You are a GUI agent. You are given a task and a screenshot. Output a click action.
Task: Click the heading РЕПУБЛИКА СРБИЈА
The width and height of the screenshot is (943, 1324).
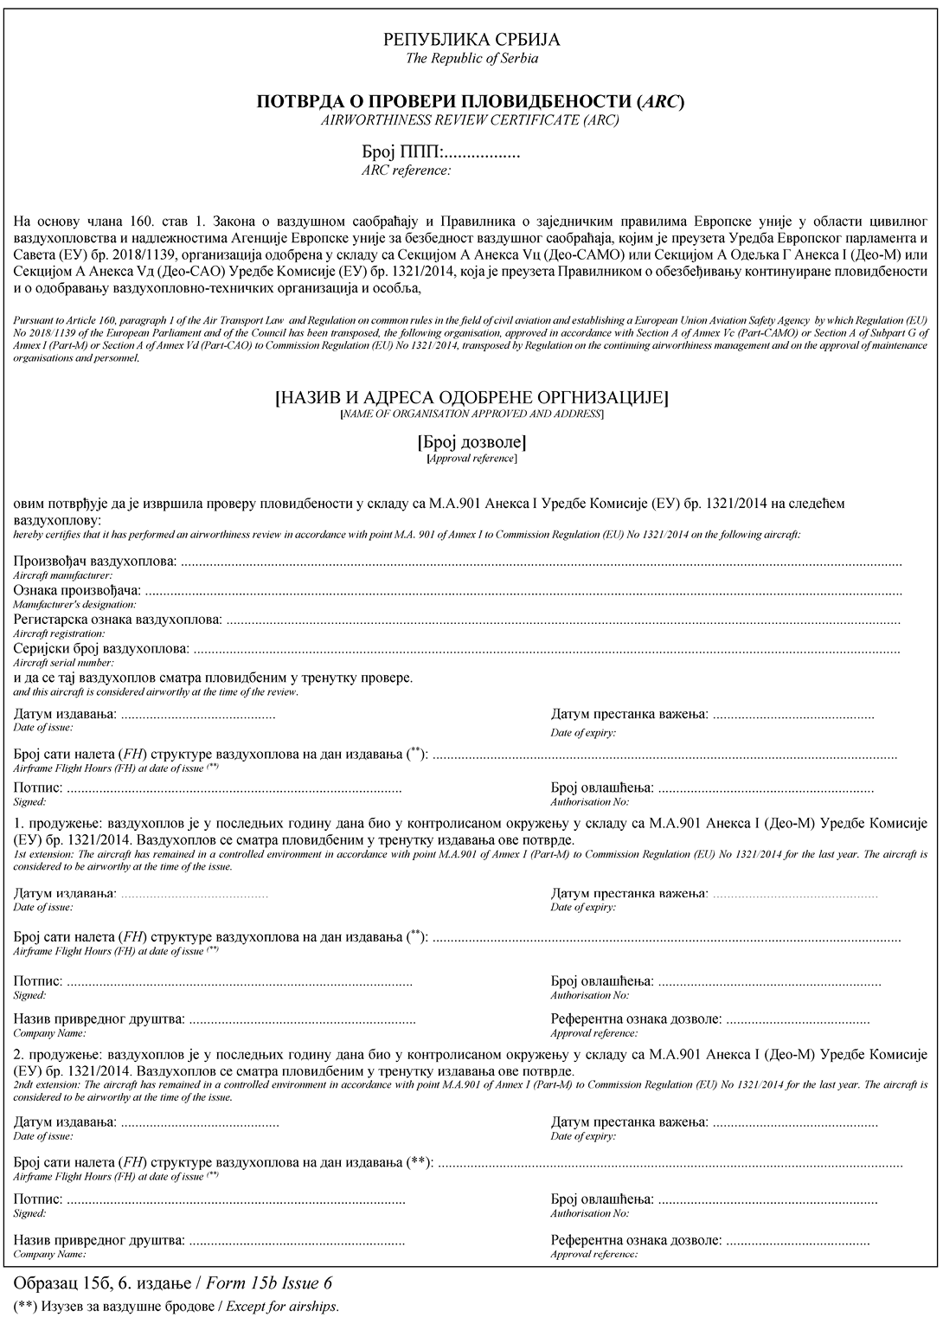tap(471, 40)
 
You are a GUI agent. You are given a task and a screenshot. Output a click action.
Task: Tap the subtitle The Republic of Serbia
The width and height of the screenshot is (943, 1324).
tap(471, 58)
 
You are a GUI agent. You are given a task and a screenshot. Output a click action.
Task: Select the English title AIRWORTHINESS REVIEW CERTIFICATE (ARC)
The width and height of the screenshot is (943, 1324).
tap(470, 120)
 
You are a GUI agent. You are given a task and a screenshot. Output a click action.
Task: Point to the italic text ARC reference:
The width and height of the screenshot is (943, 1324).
tap(406, 170)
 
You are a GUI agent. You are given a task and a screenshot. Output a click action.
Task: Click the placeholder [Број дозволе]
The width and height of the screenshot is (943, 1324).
tap(471, 442)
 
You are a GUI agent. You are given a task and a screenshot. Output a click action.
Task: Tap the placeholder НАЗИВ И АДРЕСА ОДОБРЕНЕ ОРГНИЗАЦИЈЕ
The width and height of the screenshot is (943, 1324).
tap(471, 398)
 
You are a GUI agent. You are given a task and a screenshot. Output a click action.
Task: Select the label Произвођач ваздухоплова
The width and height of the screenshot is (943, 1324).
tap(95, 562)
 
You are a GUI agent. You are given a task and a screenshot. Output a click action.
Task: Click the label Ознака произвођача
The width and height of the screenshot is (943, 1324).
tap(77, 591)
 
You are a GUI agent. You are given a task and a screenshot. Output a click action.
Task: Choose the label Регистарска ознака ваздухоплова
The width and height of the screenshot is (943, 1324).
tap(118, 620)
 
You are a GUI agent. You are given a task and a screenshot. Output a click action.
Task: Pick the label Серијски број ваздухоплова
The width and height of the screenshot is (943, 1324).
tap(100, 649)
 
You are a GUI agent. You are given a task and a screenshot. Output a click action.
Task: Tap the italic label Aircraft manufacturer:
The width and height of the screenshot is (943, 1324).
tap(63, 575)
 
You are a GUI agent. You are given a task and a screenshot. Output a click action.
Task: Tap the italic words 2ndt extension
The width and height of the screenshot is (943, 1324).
tap(43, 1085)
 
